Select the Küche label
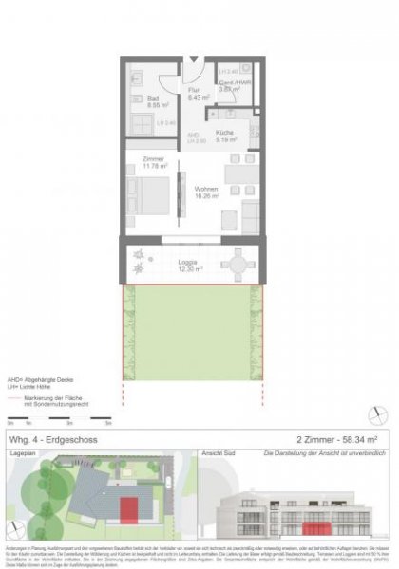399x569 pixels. coord(224,136)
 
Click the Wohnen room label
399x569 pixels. coord(207,191)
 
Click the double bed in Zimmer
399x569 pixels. coord(152,196)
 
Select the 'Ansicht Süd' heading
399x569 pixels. coord(228,455)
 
